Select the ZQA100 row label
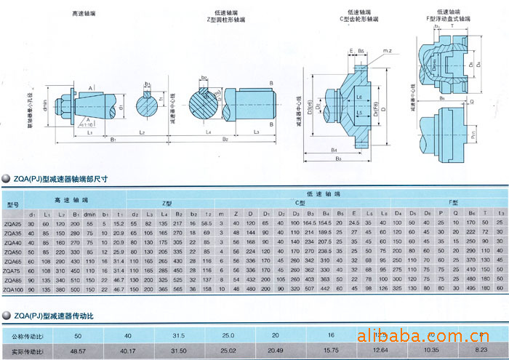pyautogui.click(x=14, y=289)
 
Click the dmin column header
pyautogui.click(x=90, y=214)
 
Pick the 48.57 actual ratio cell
pyautogui.click(x=78, y=352)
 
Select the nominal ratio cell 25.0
pyautogui.click(x=228, y=336)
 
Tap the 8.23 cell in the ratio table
pyautogui.click(x=480, y=352)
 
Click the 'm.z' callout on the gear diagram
pyautogui.click(x=388, y=50)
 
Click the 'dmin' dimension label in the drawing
pyautogui.click(x=44, y=105)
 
